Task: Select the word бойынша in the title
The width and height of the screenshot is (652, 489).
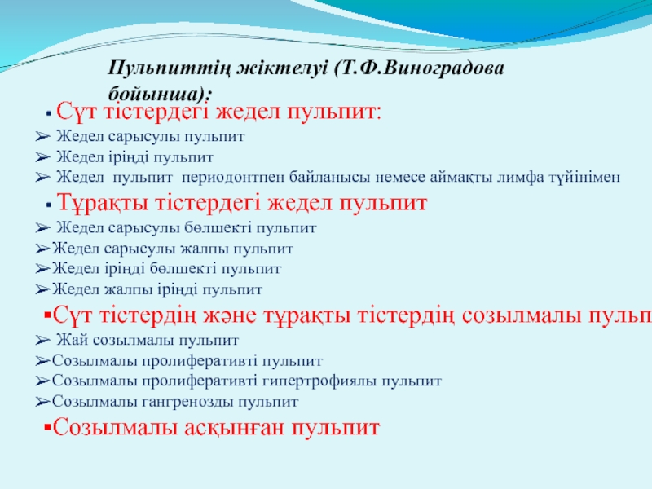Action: [x=156, y=94]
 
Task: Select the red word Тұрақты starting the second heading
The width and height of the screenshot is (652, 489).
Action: [x=103, y=203]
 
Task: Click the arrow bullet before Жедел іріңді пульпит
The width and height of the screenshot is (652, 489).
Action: [x=43, y=157]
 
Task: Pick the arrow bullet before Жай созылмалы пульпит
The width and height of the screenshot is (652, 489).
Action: [x=43, y=341]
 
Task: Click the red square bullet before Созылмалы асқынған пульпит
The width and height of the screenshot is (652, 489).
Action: [x=47, y=426]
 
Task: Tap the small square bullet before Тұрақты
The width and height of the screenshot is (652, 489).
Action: [x=49, y=205]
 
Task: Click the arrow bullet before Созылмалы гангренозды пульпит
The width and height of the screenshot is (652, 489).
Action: [x=43, y=402]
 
